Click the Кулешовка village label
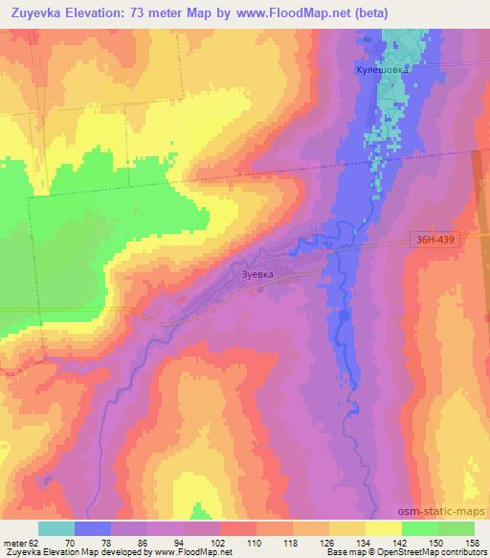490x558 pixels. (x=382, y=70)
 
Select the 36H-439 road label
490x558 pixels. (x=439, y=242)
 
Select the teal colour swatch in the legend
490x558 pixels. (x=56, y=528)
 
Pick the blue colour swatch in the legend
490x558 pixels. (x=93, y=528)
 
